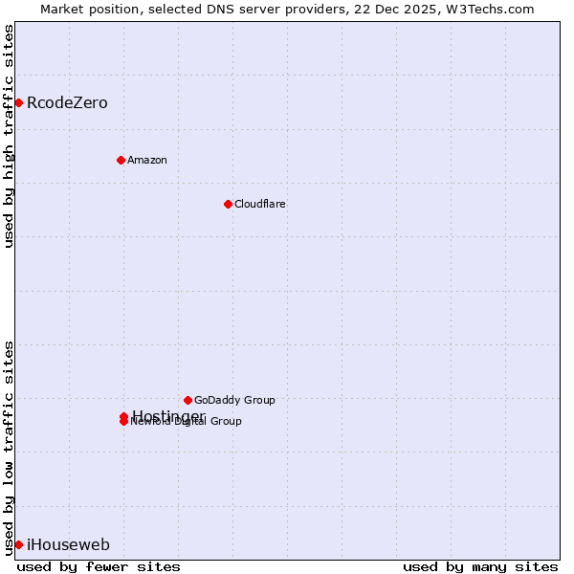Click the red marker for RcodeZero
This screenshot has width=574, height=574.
18,102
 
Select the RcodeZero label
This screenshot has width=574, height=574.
67,103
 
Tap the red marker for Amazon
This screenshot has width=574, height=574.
121,160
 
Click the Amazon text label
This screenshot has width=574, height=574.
147,160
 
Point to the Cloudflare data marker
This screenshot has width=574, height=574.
228,204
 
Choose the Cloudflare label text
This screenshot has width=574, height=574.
260,204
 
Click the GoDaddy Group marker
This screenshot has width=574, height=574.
188,400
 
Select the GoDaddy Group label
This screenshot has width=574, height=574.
234,400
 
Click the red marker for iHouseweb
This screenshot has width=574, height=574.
18,544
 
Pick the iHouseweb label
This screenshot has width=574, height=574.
68,545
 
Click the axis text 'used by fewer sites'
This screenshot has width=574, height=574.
99,566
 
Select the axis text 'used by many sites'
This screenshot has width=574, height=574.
480,566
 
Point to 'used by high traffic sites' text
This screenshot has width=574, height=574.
9,136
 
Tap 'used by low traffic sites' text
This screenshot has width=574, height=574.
9,447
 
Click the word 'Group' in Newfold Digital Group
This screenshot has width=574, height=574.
226,421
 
